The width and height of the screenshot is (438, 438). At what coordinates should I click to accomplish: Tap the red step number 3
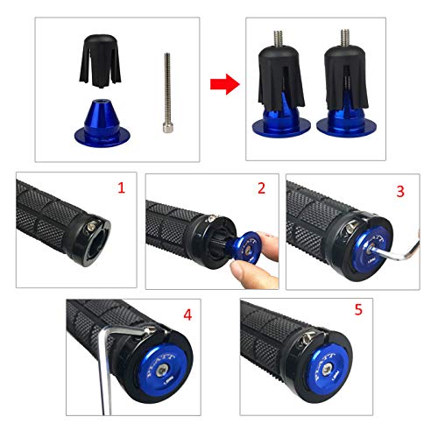point(399,189)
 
